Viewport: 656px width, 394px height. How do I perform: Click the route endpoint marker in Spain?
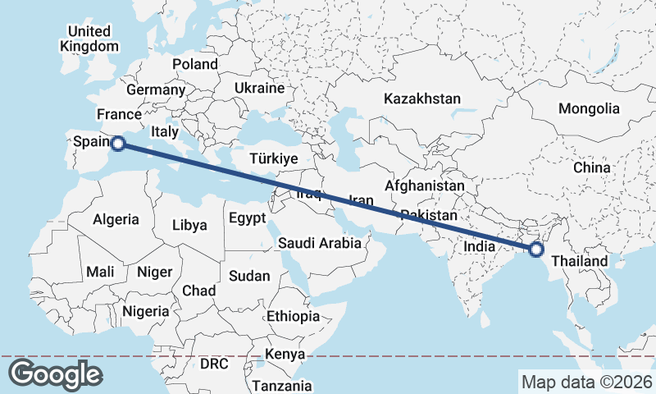click(117, 144)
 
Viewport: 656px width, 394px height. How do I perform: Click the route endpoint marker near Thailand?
click(536, 250)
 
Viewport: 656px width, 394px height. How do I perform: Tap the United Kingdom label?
click(89, 39)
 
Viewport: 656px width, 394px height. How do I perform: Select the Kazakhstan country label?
click(422, 98)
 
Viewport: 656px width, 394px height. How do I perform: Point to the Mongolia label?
click(589, 108)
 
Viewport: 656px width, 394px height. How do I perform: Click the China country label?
click(592, 167)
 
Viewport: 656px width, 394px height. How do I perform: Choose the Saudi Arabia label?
click(319, 243)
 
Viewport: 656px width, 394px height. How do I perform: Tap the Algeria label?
click(116, 220)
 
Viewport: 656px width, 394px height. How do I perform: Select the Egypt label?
click(247, 218)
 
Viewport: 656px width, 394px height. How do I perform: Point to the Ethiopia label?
click(293, 316)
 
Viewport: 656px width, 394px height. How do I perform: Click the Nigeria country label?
click(146, 311)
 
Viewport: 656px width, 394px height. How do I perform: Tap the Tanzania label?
click(281, 385)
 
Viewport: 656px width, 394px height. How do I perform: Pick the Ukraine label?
click(259, 88)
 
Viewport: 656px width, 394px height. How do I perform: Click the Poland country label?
click(195, 64)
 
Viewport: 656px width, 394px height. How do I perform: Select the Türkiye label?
click(274, 159)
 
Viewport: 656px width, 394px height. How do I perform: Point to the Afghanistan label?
click(424, 186)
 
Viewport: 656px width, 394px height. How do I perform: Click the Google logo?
click(55, 374)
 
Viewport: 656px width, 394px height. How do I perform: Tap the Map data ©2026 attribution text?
click(586, 382)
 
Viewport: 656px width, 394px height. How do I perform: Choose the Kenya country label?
click(285, 355)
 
